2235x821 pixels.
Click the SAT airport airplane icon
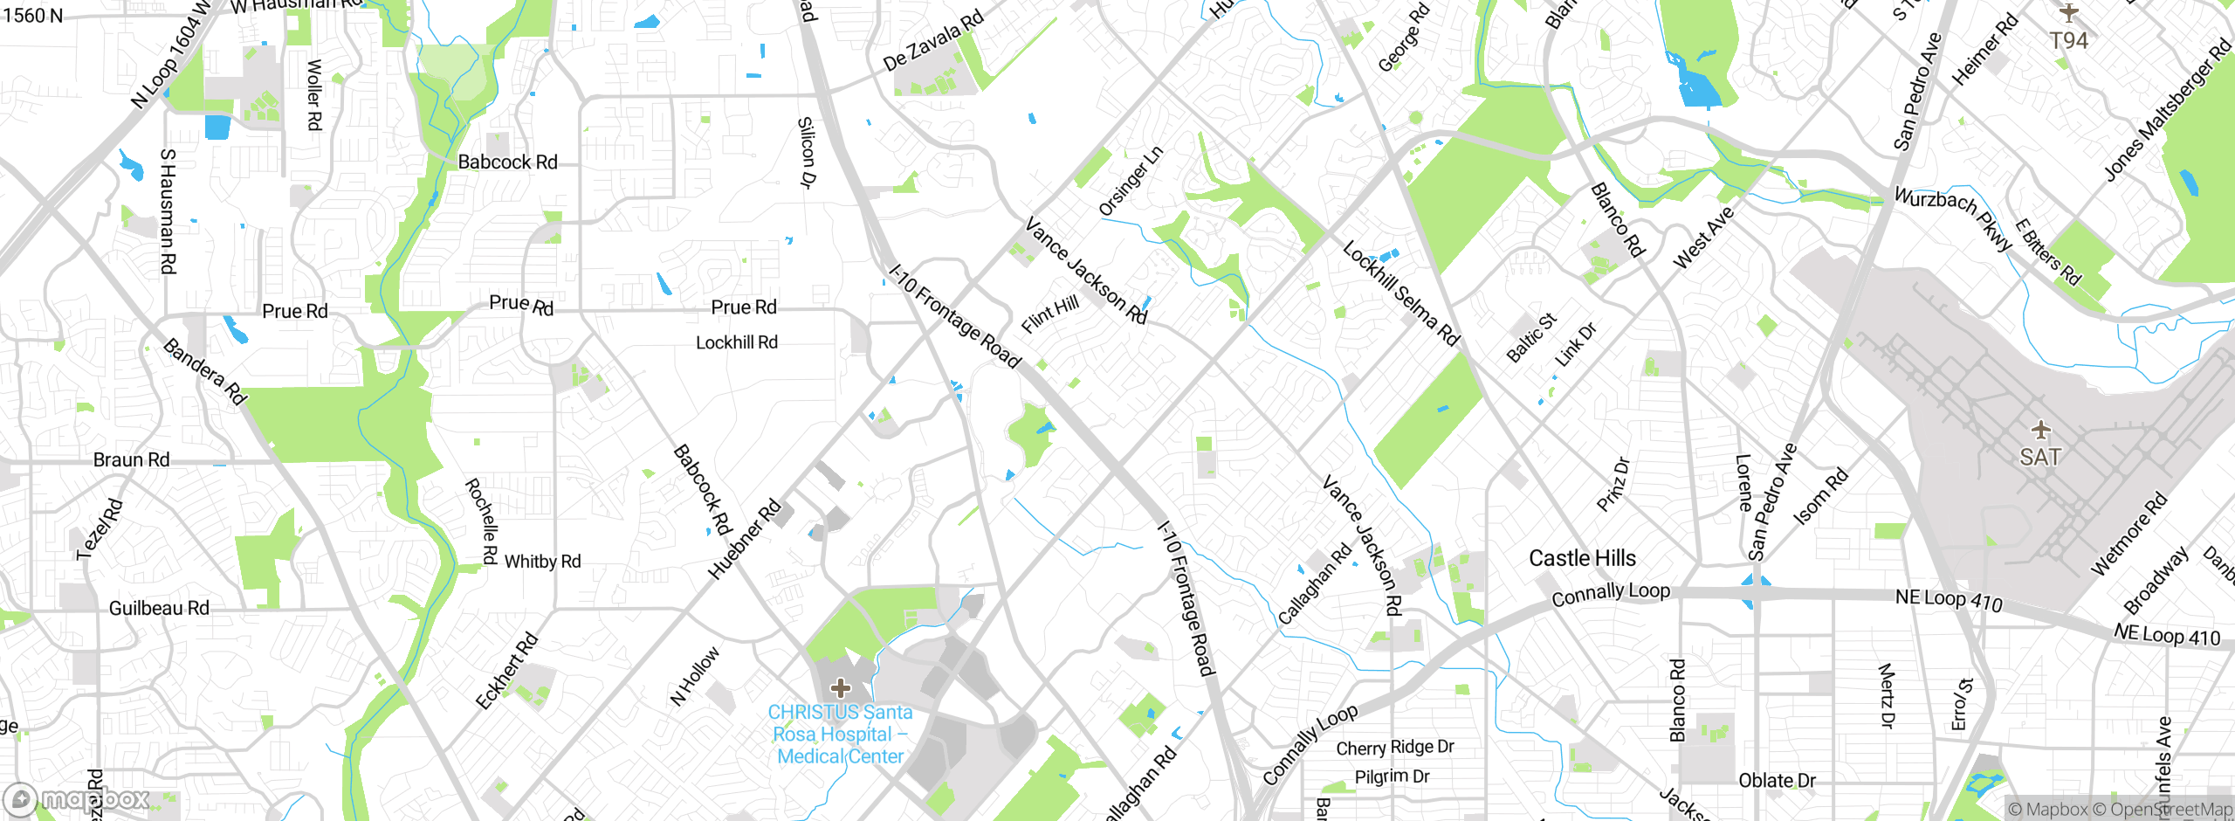pos(2040,430)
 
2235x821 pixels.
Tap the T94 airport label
pos(2068,40)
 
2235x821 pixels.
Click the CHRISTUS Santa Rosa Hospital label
pos(840,735)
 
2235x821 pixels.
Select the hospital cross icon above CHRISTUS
pos(840,688)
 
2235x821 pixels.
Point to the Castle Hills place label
pos(1582,558)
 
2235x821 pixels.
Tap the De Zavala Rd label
pos(932,40)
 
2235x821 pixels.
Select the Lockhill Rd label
pos(736,342)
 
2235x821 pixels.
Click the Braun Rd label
pos(131,459)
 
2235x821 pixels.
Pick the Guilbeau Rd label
pos(159,608)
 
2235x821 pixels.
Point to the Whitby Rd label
pos(542,562)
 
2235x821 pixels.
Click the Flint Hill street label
pos(1050,314)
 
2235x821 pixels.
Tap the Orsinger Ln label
pos(1130,181)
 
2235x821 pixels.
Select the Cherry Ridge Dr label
pos(1394,748)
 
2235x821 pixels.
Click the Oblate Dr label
pos(1777,780)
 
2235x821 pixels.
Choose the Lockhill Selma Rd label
pos(1400,293)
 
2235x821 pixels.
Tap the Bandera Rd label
pos(205,372)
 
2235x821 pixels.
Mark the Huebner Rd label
pos(744,540)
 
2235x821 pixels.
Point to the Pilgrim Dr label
pos(1392,776)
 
